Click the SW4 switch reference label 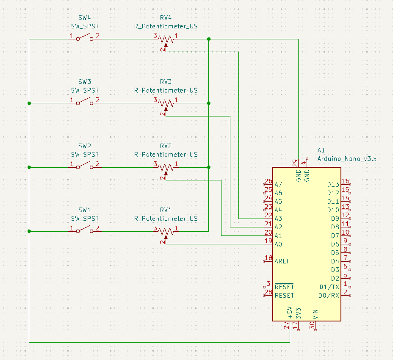pyautogui.click(x=85, y=18)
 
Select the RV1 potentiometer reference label pyautogui.click(x=166, y=210)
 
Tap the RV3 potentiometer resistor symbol pyautogui.click(x=166, y=103)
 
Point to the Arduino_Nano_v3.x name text pyautogui.click(x=346, y=159)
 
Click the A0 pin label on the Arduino pyautogui.click(x=278, y=244)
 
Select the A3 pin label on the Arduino pyautogui.click(x=278, y=219)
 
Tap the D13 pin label pyautogui.click(x=333, y=184)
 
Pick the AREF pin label pyautogui.click(x=282, y=261)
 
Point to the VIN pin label pyautogui.click(x=315, y=314)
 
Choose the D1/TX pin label pyautogui.click(x=329, y=287)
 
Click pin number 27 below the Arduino pyautogui.click(x=287, y=326)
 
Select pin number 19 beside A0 pyautogui.click(x=268, y=241)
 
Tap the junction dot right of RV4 pyautogui.click(x=209, y=39)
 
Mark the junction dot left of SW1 pyautogui.click(x=29, y=231)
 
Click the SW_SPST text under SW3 pyautogui.click(x=85, y=90)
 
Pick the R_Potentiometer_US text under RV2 pyautogui.click(x=166, y=155)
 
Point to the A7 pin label pyautogui.click(x=278, y=184)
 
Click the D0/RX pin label pyautogui.click(x=329, y=295)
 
